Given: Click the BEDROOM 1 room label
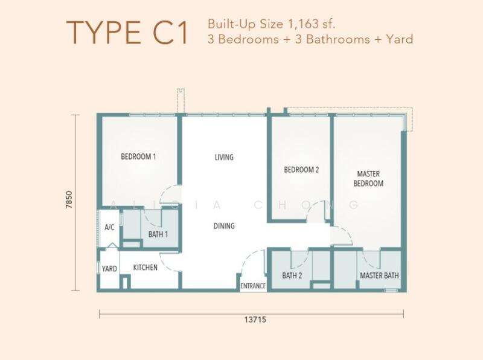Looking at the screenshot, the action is click(x=138, y=156).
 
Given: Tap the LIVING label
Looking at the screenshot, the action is click(x=224, y=157).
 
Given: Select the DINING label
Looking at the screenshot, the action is click(x=224, y=226).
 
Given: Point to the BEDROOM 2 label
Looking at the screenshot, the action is click(x=301, y=170).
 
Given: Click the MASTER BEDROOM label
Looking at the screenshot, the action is click(x=368, y=178).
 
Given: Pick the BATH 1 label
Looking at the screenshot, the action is click(x=158, y=234).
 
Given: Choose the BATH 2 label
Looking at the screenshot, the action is click(x=292, y=275).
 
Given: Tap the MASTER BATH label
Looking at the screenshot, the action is click(x=379, y=275).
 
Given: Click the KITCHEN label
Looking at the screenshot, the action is click(x=145, y=267).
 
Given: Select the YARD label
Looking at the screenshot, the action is click(x=109, y=268).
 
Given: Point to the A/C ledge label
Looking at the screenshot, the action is click(x=109, y=228).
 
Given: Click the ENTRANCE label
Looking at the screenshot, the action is click(x=253, y=286).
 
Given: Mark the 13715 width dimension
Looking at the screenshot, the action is click(x=255, y=320).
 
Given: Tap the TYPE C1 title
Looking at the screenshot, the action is click(x=127, y=33).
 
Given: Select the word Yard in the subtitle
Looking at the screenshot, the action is click(x=400, y=39).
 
